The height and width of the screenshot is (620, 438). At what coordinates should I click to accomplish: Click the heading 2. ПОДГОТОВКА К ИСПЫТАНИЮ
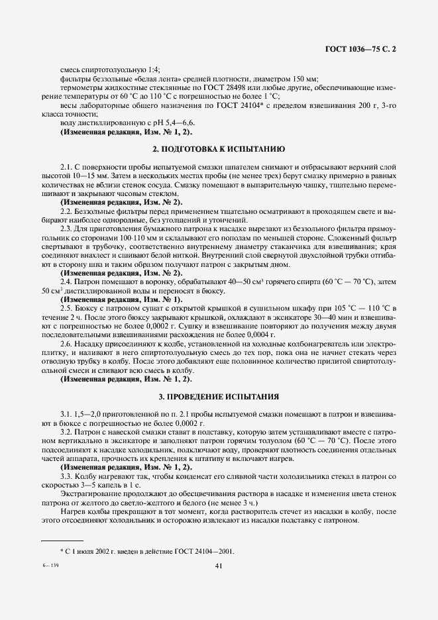(219, 150)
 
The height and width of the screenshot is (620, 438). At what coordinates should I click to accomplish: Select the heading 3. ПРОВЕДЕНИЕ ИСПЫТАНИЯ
(219, 396)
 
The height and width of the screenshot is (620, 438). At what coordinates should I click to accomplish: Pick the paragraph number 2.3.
(66, 229)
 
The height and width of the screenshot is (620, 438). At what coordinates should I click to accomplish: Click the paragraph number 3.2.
(66, 431)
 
